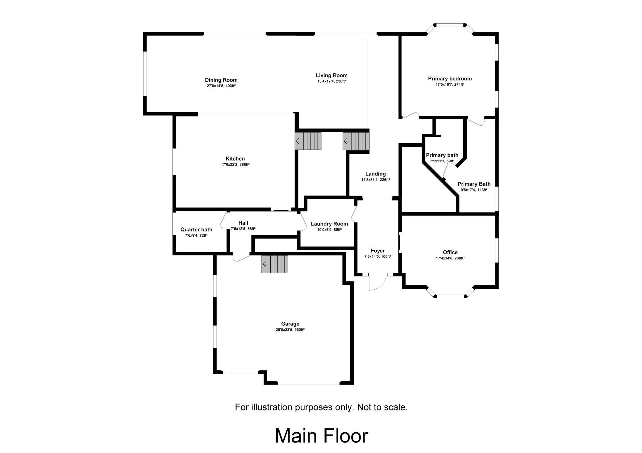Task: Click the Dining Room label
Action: click(x=221, y=80)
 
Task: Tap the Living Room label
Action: click(x=331, y=75)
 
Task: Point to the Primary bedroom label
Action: click(x=450, y=79)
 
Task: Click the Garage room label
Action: click(x=290, y=324)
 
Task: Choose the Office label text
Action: click(x=450, y=252)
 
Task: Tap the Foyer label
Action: click(x=377, y=251)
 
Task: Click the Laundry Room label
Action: click(x=329, y=224)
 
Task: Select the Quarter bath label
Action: click(x=196, y=230)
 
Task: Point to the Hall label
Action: click(x=243, y=223)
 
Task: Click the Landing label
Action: click(x=375, y=174)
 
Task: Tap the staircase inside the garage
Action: click(x=275, y=264)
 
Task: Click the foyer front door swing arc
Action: click(x=380, y=285)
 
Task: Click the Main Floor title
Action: click(x=321, y=436)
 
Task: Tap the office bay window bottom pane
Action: click(x=450, y=296)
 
